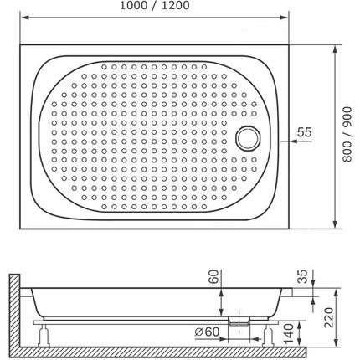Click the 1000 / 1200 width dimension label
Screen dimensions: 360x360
pyautogui.click(x=155, y=5)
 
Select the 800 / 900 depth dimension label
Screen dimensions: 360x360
pyautogui.click(x=347, y=134)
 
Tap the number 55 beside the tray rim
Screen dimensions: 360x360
pyautogui.click(x=304, y=132)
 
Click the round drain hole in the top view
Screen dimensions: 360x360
pyautogui.click(x=248, y=138)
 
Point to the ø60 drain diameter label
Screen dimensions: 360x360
pyautogui.click(x=207, y=332)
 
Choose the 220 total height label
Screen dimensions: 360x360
pyautogui.click(x=328, y=318)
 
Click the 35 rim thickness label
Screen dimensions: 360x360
pyautogui.click(x=302, y=276)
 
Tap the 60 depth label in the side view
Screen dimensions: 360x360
pyautogui.click(x=214, y=276)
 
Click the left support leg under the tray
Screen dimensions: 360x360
pyautogui.click(x=44, y=336)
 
